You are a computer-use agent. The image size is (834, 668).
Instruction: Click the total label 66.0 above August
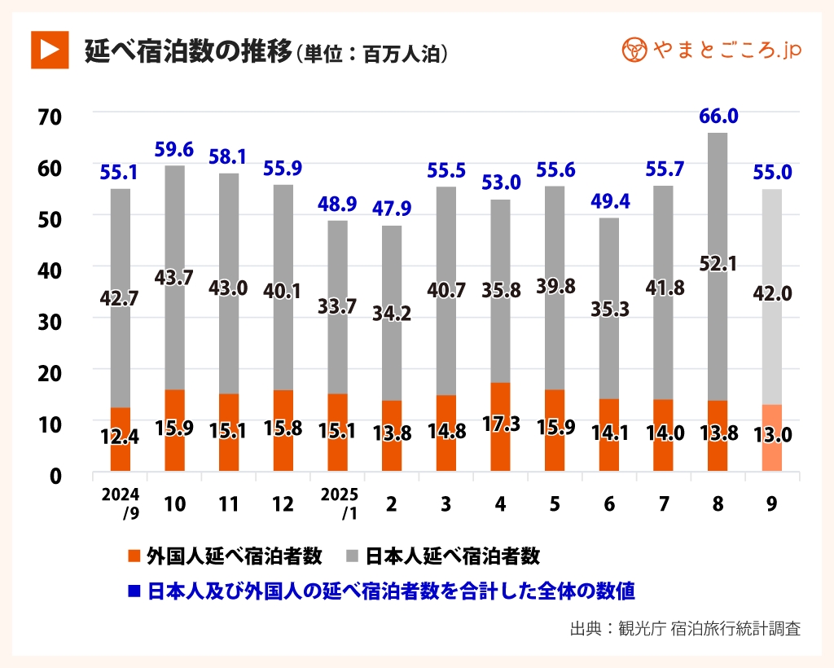[x=718, y=116]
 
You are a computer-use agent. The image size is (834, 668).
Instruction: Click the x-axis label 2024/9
[x=120, y=503]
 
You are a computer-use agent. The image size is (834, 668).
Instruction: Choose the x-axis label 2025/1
[x=337, y=503]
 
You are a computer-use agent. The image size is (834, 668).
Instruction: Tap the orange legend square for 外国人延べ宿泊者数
[x=134, y=557]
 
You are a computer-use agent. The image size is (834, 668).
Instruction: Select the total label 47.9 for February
[x=392, y=209]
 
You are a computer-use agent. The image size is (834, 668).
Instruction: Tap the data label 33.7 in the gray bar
[x=337, y=308]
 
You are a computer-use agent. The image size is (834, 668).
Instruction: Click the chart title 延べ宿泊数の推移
[x=188, y=51]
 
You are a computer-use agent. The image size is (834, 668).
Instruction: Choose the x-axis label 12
[x=283, y=504]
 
